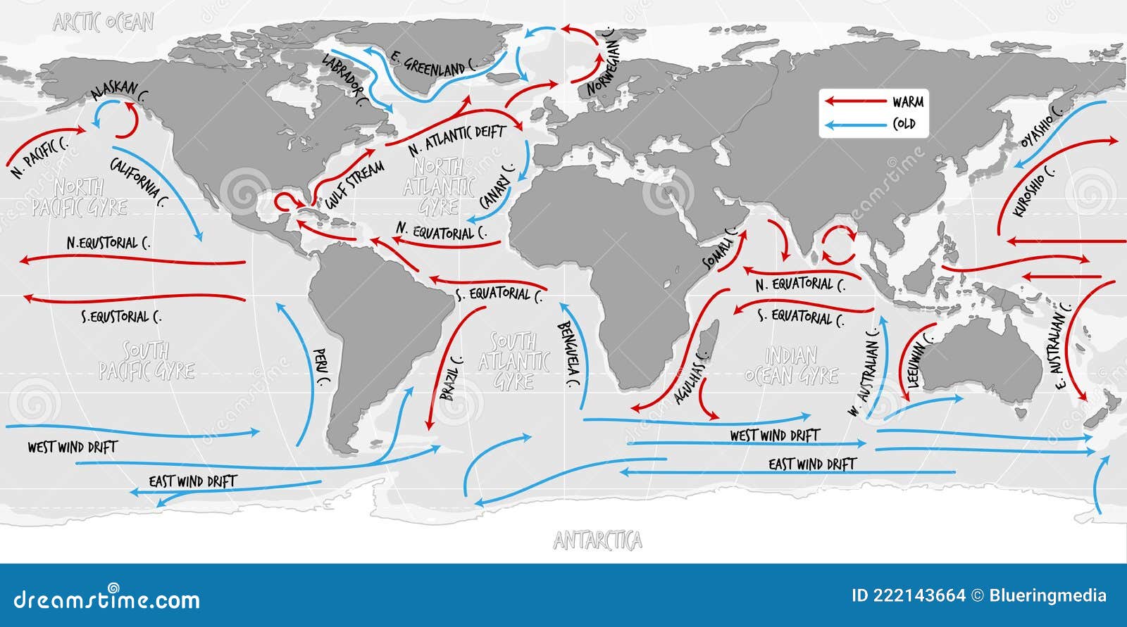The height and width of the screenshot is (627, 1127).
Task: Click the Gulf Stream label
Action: coord(355,185)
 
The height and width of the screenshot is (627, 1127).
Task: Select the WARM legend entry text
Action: coord(908,102)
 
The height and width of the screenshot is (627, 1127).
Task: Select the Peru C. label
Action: coord(321,368)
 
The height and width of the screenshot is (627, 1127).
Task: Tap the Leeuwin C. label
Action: coord(921,366)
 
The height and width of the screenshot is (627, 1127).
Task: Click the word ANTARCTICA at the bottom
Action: coord(597,540)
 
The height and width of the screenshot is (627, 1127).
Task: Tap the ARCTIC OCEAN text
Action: coord(104,23)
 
